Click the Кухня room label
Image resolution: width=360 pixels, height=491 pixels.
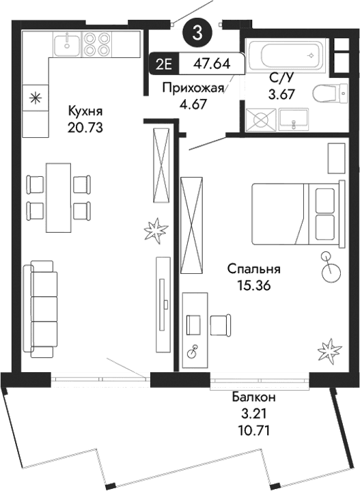point(85,110)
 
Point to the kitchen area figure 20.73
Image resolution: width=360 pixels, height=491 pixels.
point(85,126)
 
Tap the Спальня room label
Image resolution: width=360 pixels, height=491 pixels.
point(250,270)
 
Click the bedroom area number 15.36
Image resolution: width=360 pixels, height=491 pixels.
point(250,287)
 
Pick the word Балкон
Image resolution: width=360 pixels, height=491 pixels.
point(253,397)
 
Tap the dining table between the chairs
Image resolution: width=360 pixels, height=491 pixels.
point(58,197)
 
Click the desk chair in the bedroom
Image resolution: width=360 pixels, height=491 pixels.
point(219,325)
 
